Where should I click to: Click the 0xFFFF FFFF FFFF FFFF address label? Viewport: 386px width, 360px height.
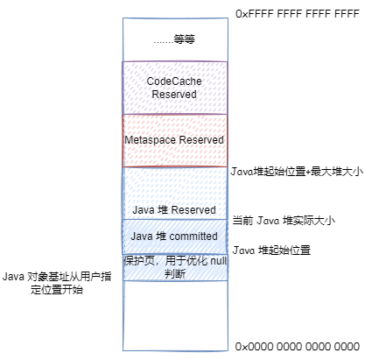coord(298,14)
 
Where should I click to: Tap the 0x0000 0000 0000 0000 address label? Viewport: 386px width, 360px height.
coord(298,347)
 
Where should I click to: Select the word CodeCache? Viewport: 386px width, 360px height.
coord(174,81)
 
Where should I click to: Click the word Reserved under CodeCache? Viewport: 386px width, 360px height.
coord(174,95)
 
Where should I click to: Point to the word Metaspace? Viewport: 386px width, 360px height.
coord(151,140)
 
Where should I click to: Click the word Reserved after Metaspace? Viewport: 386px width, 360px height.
coord(201,139)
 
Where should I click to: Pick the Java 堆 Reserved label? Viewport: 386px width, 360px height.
coord(174,210)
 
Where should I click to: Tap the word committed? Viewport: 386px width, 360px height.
coord(193,236)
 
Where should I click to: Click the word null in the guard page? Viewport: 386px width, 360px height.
coord(218,261)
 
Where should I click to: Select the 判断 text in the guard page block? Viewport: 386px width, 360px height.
coord(175,274)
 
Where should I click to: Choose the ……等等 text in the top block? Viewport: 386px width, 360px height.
coord(174,39)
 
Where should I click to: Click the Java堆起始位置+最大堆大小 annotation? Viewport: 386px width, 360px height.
coord(297,172)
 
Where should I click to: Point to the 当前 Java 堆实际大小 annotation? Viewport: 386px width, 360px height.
coord(284,221)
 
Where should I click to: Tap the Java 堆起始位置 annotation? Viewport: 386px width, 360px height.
coord(271,251)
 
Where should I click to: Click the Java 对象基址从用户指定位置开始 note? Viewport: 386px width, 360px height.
coord(57,283)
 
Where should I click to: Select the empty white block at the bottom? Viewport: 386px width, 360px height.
coord(175,315)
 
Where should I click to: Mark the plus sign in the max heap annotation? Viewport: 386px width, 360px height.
coord(308,172)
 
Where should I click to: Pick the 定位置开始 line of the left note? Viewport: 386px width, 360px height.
coord(57,290)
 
